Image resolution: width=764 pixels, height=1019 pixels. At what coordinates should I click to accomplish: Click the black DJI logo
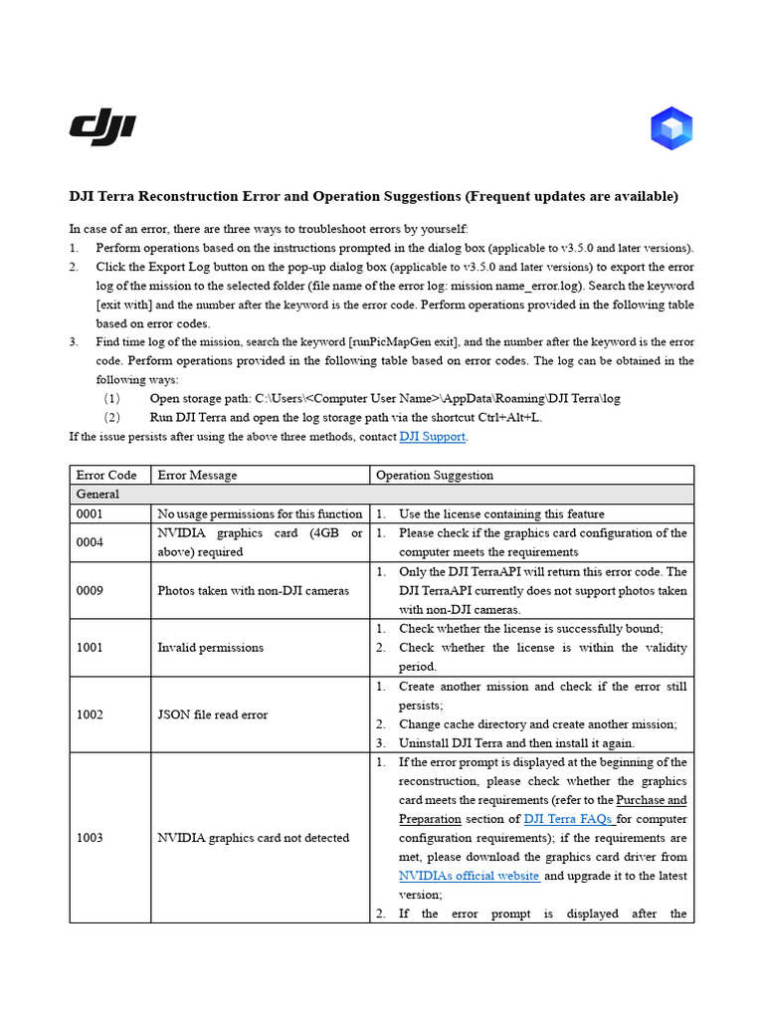tap(102, 127)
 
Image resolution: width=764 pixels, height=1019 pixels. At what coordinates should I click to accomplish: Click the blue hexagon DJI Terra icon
tap(670, 129)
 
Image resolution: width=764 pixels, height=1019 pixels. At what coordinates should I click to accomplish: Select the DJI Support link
tap(432, 436)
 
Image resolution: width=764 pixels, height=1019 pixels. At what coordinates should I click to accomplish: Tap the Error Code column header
tap(105, 475)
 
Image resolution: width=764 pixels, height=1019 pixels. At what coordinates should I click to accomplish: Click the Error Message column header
tap(197, 475)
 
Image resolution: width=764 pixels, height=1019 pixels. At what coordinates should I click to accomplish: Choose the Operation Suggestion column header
tap(434, 475)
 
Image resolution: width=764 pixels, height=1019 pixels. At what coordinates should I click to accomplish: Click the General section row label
tap(97, 495)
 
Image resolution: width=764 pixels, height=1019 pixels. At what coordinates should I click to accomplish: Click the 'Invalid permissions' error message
tap(210, 648)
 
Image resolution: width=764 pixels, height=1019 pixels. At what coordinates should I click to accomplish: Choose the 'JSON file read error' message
tap(212, 714)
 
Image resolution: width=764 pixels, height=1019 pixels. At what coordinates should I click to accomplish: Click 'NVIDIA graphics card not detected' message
tap(253, 838)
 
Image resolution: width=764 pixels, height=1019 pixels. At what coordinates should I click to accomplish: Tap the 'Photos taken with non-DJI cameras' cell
tap(253, 590)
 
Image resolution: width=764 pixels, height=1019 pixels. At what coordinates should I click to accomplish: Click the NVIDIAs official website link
tap(469, 876)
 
